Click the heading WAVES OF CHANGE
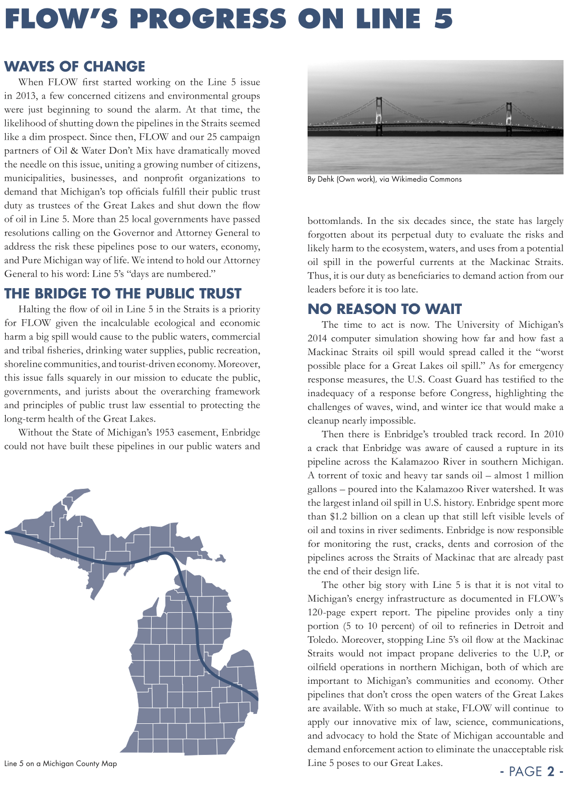tap(75, 66)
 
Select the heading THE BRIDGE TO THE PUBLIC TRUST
tap(123, 293)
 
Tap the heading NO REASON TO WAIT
tap(384, 309)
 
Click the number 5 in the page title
tap(443, 19)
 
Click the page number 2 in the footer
tap(551, 771)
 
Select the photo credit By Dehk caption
tap(384, 179)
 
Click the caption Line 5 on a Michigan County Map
tap(61, 763)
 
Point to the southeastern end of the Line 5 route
tap(256, 699)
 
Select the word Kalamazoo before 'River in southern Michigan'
tap(413, 461)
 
